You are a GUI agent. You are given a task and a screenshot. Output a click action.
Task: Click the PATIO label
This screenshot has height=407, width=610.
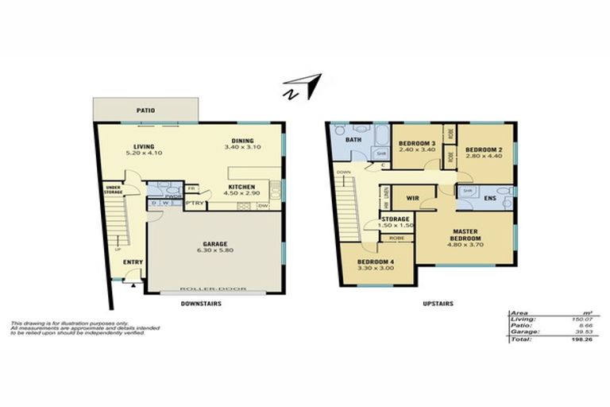[x=145, y=110]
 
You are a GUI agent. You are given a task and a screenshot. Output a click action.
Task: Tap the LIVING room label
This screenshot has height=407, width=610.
[x=144, y=146]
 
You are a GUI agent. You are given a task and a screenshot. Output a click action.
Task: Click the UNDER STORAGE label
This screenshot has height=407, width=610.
[x=113, y=189]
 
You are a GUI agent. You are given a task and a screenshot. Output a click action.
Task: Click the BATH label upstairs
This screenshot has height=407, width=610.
[x=353, y=138]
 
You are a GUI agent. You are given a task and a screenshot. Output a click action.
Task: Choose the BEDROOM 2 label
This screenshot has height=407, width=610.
[x=484, y=149]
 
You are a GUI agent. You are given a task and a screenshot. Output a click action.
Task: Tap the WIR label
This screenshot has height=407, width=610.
[x=412, y=196]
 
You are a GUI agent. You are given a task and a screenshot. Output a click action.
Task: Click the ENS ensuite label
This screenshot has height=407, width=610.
[x=491, y=196]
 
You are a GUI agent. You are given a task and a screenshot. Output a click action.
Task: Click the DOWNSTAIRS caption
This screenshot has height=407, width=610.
[x=201, y=304]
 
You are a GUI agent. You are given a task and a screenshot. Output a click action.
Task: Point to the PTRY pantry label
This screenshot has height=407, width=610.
[x=194, y=203]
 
